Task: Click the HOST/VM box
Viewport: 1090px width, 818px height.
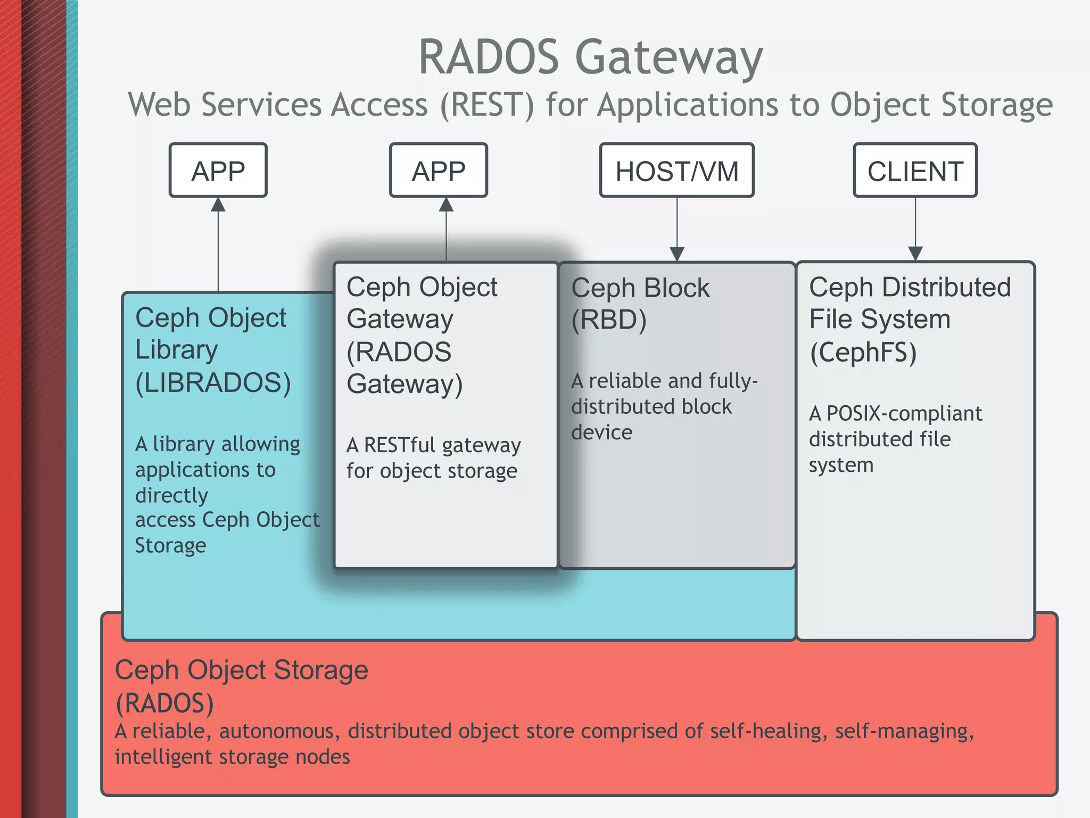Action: click(x=676, y=171)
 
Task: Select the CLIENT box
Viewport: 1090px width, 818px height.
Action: click(x=915, y=171)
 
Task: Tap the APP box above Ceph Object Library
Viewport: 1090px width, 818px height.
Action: click(x=218, y=171)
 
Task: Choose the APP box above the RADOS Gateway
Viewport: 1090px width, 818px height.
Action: click(x=438, y=171)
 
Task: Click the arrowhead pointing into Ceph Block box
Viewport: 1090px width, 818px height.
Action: click(x=676, y=254)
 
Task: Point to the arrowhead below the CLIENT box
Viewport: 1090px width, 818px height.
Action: click(x=915, y=254)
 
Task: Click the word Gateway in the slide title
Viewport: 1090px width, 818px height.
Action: click(x=669, y=58)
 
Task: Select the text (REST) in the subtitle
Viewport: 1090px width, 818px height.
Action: click(x=486, y=105)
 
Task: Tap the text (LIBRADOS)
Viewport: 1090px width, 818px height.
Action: click(x=213, y=383)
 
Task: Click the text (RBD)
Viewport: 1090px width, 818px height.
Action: click(x=609, y=320)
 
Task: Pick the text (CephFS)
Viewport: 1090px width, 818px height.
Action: click(x=863, y=353)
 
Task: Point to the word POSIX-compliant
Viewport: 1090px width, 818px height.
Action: click(x=904, y=414)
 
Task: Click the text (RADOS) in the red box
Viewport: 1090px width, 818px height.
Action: click(x=164, y=703)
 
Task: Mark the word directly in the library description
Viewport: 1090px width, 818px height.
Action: click(x=171, y=496)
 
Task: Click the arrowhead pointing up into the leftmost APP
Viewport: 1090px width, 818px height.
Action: click(x=218, y=204)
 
